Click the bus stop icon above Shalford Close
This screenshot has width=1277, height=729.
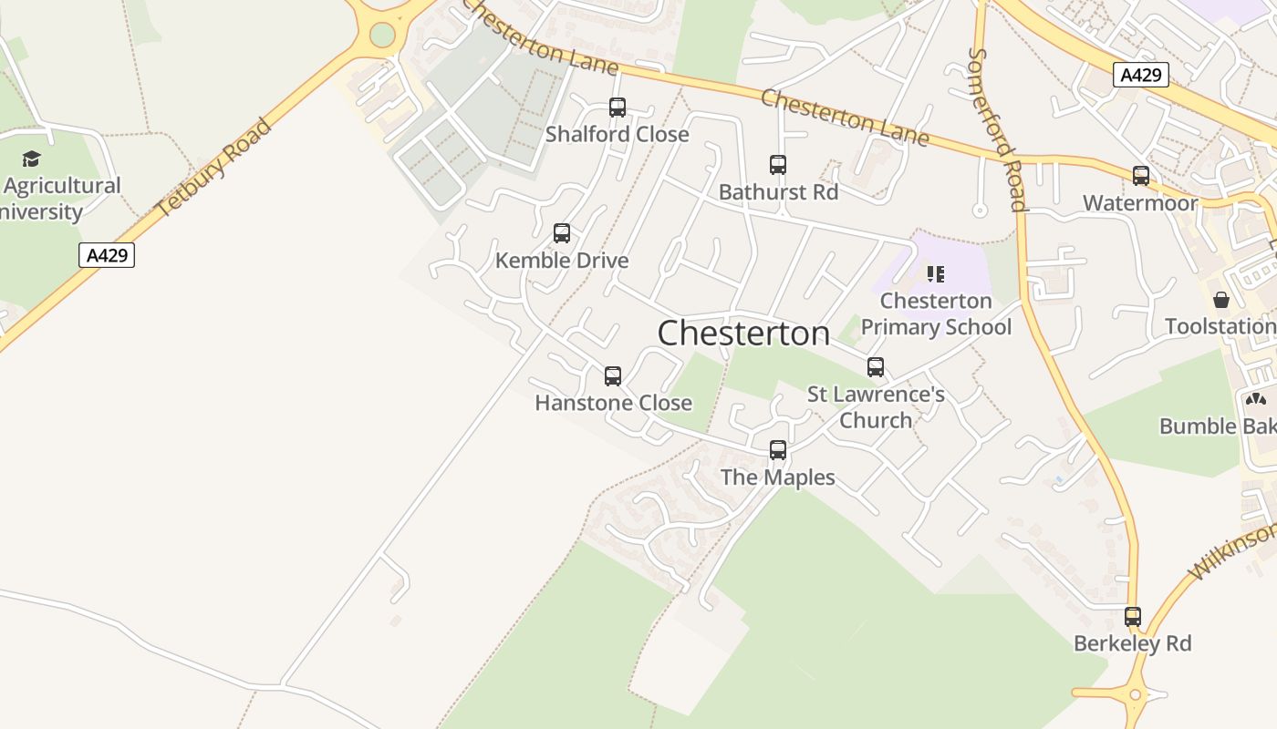pyautogui.click(x=618, y=108)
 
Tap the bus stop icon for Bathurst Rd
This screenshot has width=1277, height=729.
pyautogui.click(x=778, y=165)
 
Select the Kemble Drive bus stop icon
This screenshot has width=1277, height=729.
pyautogui.click(x=562, y=233)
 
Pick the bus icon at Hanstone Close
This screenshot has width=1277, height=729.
pyautogui.click(x=613, y=375)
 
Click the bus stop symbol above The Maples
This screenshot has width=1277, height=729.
pyautogui.click(x=778, y=450)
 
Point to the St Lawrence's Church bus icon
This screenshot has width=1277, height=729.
pyautogui.click(x=876, y=367)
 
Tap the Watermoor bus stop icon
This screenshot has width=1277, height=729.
pyautogui.click(x=1141, y=176)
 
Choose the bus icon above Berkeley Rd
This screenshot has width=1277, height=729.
pyautogui.click(x=1133, y=617)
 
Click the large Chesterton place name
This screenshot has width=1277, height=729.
pyautogui.click(x=743, y=334)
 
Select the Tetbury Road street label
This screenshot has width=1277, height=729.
pyautogui.click(x=214, y=168)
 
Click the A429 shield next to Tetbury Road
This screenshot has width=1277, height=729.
pyautogui.click(x=107, y=255)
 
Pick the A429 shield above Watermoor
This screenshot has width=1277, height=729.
pyautogui.click(x=1141, y=75)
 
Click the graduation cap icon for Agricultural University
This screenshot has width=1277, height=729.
pyautogui.click(x=32, y=159)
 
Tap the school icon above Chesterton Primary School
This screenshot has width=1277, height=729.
pyautogui.click(x=935, y=273)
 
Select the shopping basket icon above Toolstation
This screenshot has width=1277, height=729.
pyautogui.click(x=1221, y=300)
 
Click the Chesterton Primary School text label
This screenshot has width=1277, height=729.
pyautogui.click(x=936, y=314)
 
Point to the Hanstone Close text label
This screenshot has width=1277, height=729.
pyautogui.click(x=613, y=403)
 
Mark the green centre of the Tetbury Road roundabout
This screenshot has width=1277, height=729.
pyautogui.click(x=382, y=35)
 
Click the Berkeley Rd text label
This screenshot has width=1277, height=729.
pyautogui.click(x=1132, y=643)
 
